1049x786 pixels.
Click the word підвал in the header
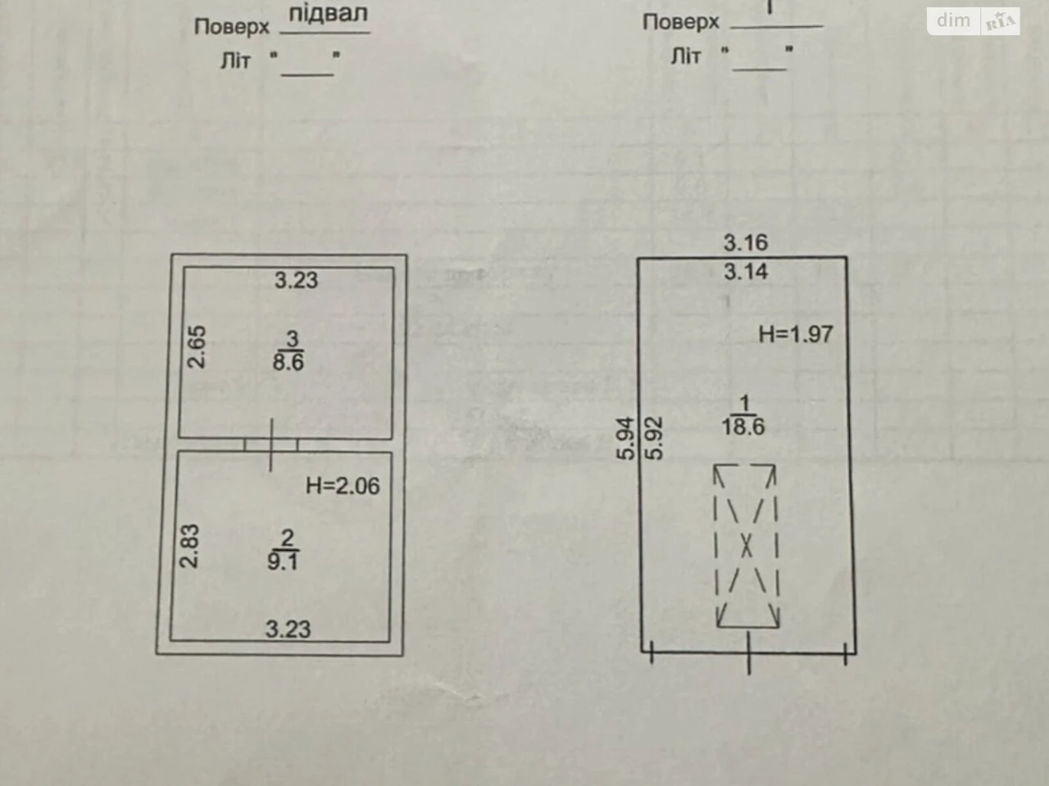pyautogui.click(x=328, y=13)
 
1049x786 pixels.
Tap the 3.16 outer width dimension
pyautogui.click(x=746, y=242)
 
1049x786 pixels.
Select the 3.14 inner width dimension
pyautogui.click(x=746, y=272)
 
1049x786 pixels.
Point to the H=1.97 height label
pyautogui.click(x=796, y=334)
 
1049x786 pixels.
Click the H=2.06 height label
pyautogui.click(x=343, y=486)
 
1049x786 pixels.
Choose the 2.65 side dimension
pyautogui.click(x=197, y=347)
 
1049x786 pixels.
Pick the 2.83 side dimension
pyautogui.click(x=189, y=546)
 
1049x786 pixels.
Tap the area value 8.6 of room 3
pyautogui.click(x=288, y=362)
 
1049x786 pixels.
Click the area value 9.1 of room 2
pyautogui.click(x=283, y=561)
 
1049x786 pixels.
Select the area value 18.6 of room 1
pyautogui.click(x=743, y=427)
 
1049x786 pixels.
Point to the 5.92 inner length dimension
pyautogui.click(x=654, y=439)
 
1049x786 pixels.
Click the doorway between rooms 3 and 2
pyautogui.click(x=271, y=445)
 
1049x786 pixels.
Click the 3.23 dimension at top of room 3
pyautogui.click(x=296, y=280)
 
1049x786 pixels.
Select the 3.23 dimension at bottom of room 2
pyautogui.click(x=288, y=629)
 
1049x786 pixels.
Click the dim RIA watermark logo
pyautogui.click(x=974, y=21)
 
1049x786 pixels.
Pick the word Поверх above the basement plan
pyautogui.click(x=232, y=27)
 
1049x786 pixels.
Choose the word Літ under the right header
pyautogui.click(x=685, y=56)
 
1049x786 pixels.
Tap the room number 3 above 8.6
pyautogui.click(x=292, y=339)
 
